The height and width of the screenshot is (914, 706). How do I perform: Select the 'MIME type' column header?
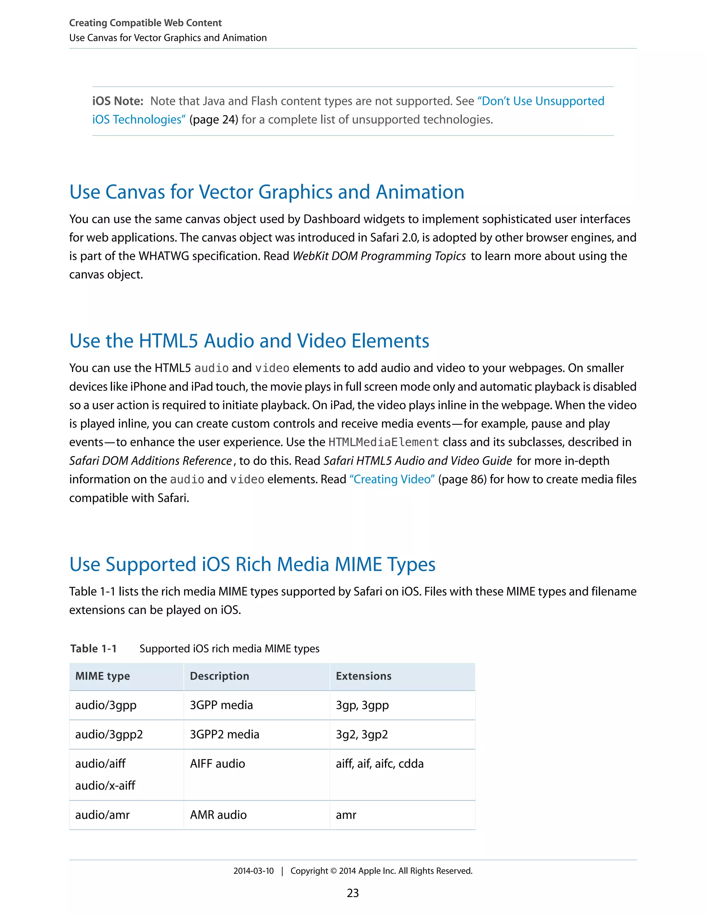tap(102, 676)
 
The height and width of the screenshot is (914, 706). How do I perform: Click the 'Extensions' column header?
tap(363, 676)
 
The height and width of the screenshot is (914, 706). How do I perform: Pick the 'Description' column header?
tap(219, 676)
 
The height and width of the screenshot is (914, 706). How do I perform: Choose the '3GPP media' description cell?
tap(221, 705)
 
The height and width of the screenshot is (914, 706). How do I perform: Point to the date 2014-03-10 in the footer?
tap(253, 871)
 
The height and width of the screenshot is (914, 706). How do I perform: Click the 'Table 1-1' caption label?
tap(93, 649)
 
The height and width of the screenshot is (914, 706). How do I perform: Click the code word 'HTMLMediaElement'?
tap(384, 443)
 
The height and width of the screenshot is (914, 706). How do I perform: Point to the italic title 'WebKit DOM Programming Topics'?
tap(379, 256)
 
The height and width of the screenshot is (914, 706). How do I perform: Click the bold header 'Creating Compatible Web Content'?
tap(145, 23)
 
